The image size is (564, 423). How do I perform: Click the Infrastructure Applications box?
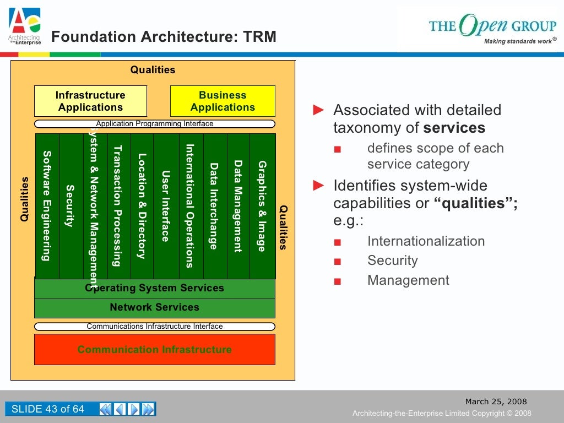(90, 101)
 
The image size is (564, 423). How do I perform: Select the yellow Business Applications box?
(223, 101)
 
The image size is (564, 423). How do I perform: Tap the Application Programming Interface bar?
(155, 124)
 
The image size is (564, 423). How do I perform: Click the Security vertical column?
(70, 206)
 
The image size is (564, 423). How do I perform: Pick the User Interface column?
(165, 206)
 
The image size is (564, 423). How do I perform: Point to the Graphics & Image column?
(262, 206)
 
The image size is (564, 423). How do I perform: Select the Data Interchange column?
(214, 206)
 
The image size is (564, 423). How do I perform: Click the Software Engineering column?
(47, 206)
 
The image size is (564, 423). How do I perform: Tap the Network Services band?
(155, 307)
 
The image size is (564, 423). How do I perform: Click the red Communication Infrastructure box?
(155, 350)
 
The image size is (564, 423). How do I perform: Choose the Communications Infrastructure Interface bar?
(155, 327)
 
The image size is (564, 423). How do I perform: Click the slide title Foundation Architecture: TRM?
(164, 37)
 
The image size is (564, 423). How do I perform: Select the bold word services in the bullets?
(454, 128)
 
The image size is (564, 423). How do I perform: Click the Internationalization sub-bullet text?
(426, 241)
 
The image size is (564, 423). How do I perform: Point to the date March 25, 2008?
(496, 402)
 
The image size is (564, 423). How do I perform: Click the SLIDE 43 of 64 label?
(48, 409)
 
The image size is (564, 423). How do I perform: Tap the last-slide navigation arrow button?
(148, 409)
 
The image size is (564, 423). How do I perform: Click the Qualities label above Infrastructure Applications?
(153, 70)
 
